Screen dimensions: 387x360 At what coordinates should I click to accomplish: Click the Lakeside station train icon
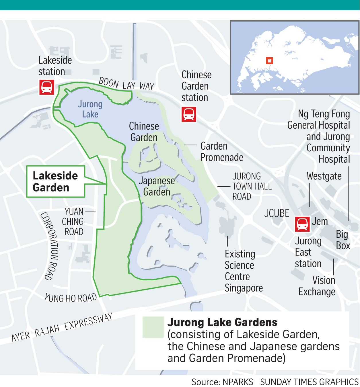click(x=47, y=87)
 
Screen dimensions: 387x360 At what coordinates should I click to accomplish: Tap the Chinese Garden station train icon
click(x=189, y=114)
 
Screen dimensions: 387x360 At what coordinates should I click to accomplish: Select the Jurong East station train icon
click(x=302, y=224)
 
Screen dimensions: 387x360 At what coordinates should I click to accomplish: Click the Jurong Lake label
click(x=90, y=109)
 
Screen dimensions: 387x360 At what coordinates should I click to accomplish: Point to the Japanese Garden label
click(x=157, y=186)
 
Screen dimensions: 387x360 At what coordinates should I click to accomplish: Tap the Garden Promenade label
click(x=221, y=152)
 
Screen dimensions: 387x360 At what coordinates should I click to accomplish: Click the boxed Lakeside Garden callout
click(x=55, y=181)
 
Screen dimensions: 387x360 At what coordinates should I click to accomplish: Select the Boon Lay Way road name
click(x=127, y=84)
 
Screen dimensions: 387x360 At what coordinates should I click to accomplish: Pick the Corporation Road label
click(x=49, y=246)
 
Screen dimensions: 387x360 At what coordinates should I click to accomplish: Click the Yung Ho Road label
click(x=71, y=298)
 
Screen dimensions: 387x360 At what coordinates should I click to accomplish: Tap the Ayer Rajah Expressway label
click(x=62, y=328)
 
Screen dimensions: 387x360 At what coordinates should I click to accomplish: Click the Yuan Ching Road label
click(x=73, y=222)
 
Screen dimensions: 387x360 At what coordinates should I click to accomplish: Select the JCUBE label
click(x=277, y=214)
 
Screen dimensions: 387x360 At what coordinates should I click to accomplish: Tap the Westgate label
click(x=324, y=176)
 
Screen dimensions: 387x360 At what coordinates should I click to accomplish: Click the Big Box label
click(x=343, y=240)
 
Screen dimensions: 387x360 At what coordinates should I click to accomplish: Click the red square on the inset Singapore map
click(x=269, y=61)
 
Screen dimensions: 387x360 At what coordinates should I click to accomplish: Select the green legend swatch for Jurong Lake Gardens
click(x=153, y=327)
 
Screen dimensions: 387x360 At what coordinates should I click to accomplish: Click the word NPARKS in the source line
click(x=238, y=382)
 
